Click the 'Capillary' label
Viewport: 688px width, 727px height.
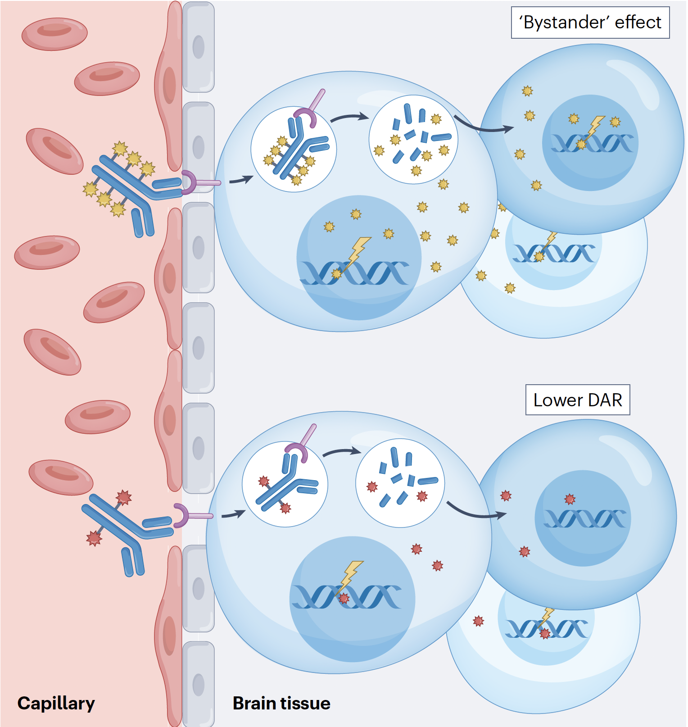[x=56, y=703]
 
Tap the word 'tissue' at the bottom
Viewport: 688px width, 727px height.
[x=306, y=703]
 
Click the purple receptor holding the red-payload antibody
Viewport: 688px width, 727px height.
[x=181, y=515]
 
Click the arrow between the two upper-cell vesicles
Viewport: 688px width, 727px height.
[x=349, y=118]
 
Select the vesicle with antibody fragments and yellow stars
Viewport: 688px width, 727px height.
[x=413, y=140]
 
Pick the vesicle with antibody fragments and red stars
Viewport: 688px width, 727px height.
[x=400, y=483]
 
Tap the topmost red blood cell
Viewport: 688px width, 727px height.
[x=54, y=34]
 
